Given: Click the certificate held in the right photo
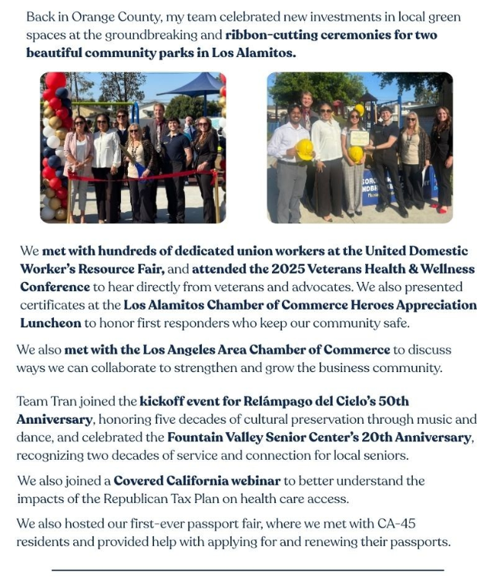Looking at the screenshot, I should [x=359, y=139].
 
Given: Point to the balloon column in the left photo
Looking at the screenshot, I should [x=55, y=146].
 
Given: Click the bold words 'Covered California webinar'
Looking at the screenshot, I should [x=197, y=481].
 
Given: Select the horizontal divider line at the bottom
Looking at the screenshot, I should [x=247, y=570].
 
